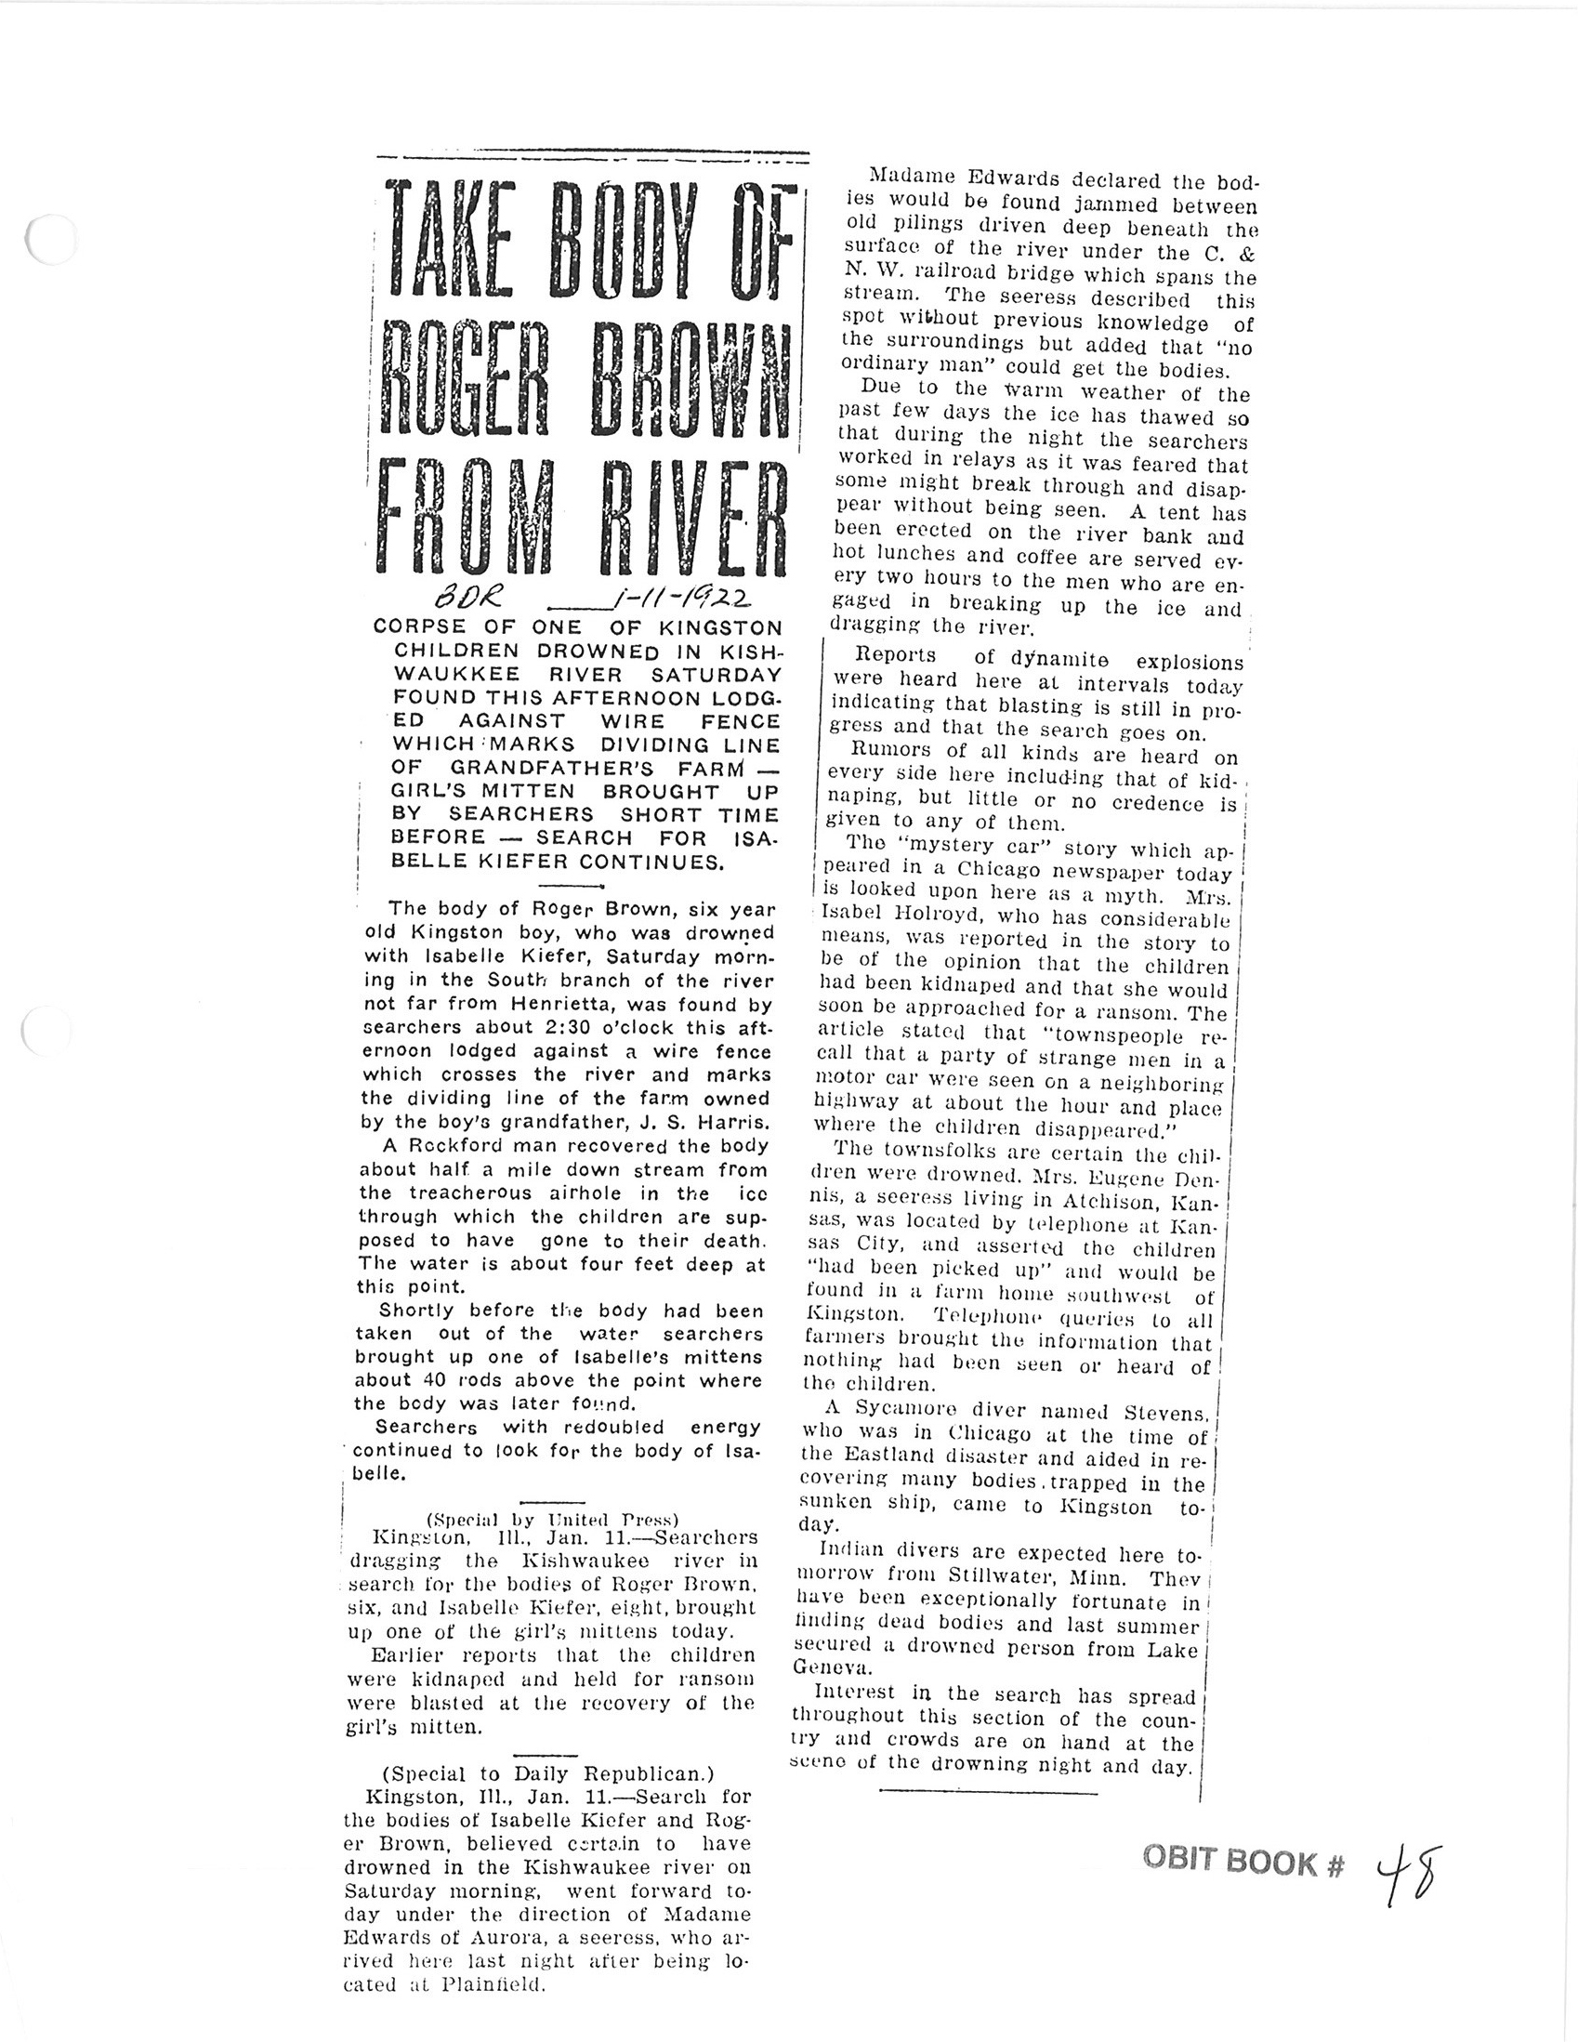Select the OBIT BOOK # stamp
(x=1243, y=1863)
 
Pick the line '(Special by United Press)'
(x=551, y=1519)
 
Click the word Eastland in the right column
(x=893, y=1458)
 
